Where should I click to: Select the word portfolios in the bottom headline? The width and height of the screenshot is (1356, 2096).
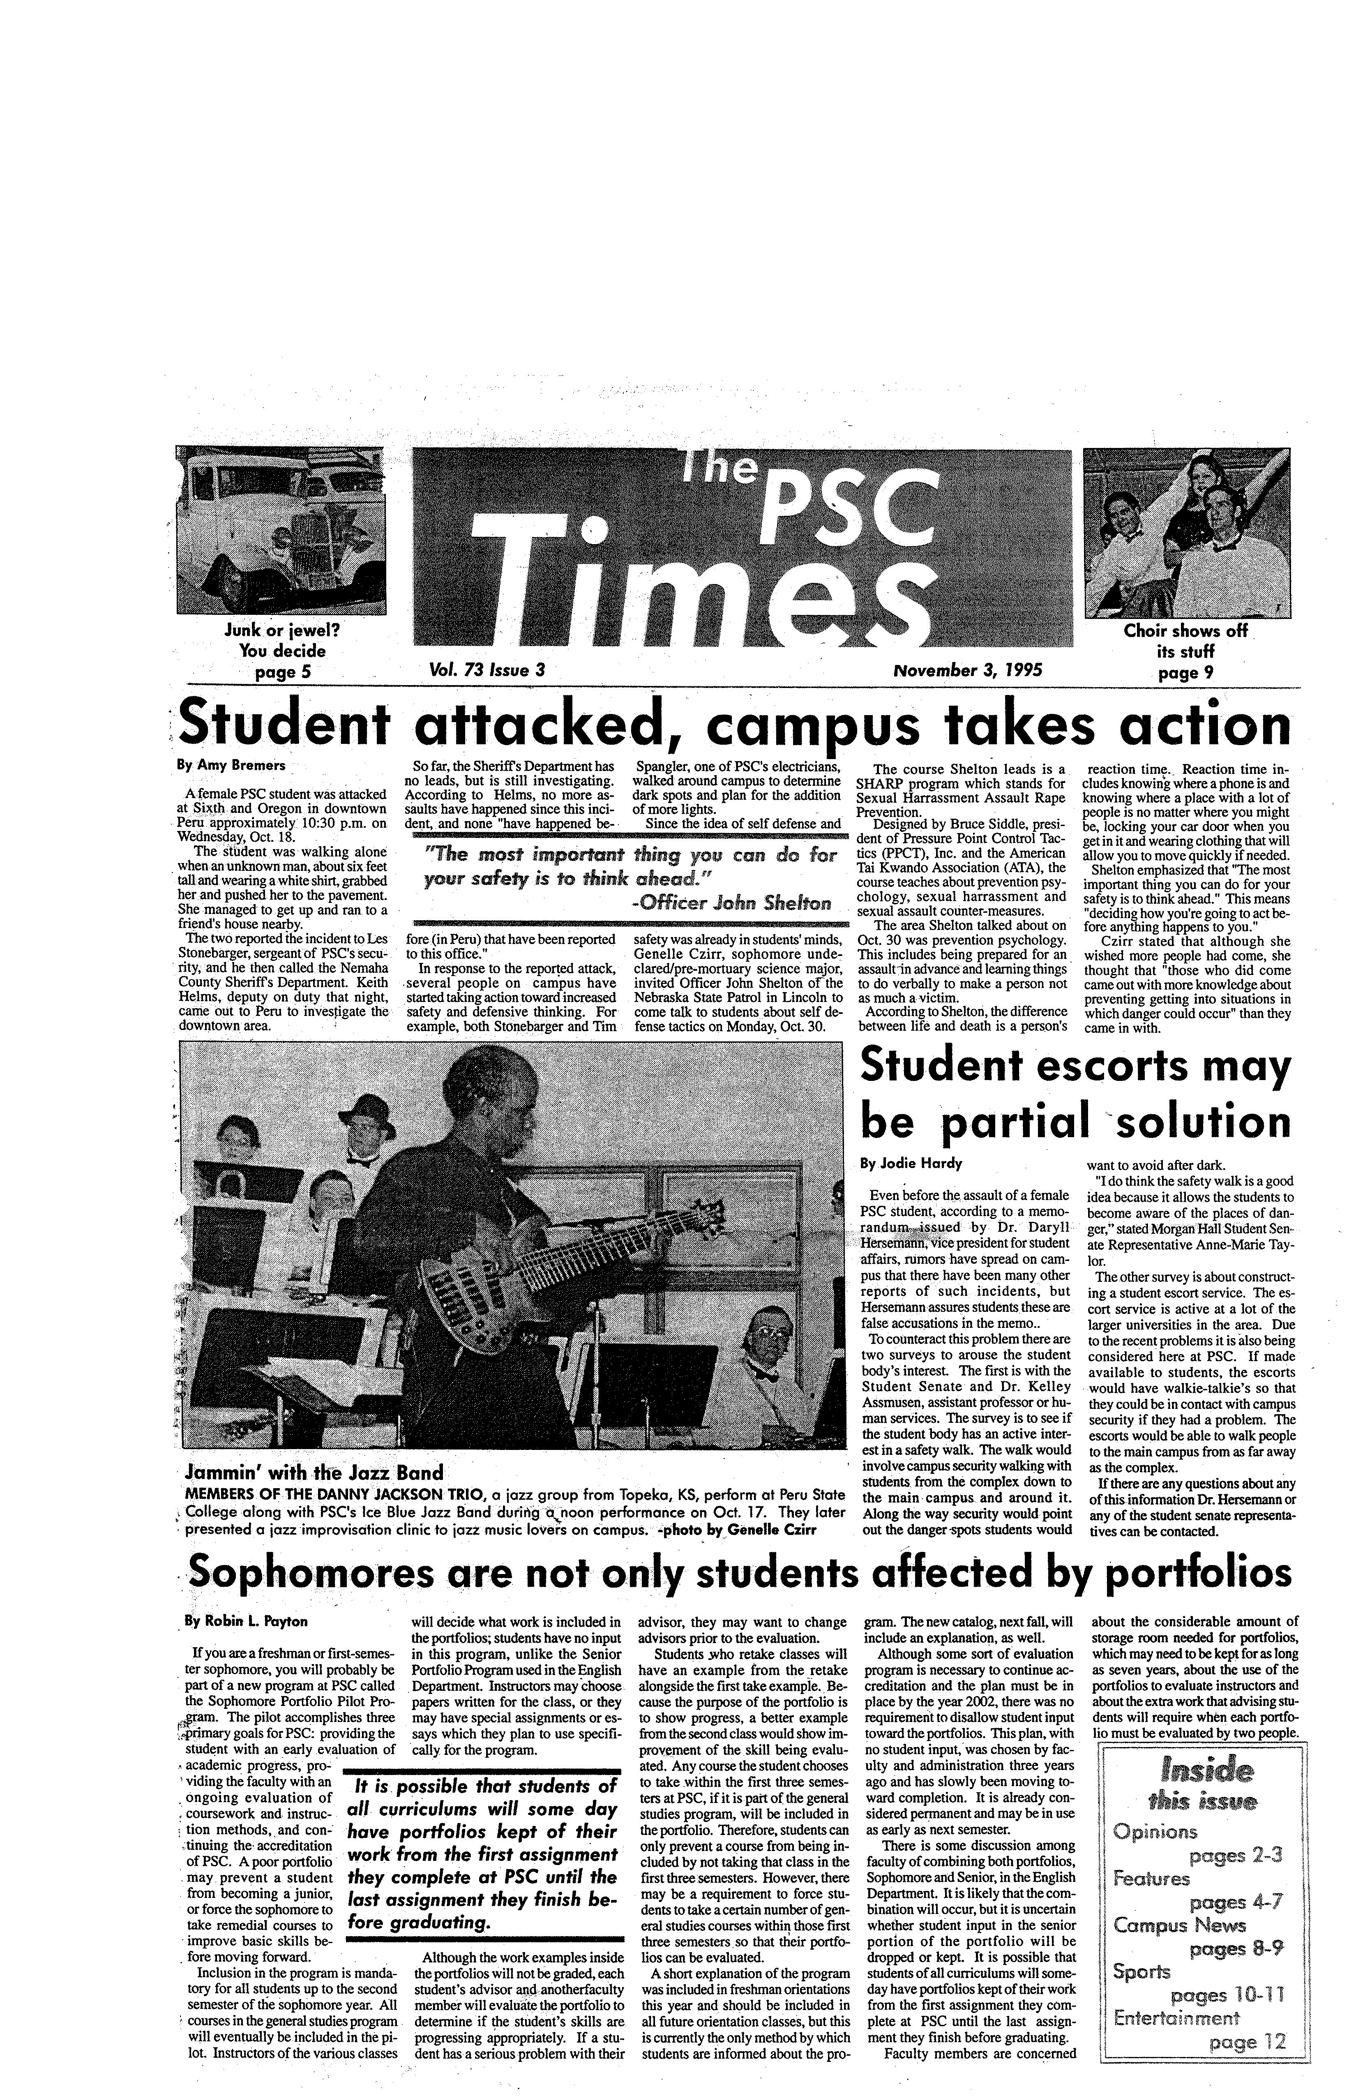1197,1573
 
